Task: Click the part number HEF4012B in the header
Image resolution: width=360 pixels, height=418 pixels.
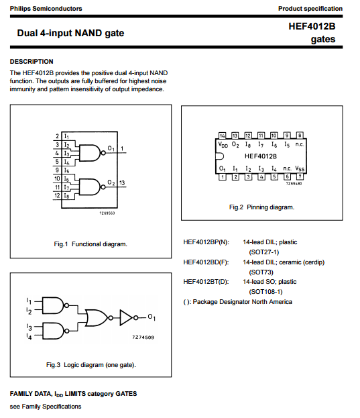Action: (312, 26)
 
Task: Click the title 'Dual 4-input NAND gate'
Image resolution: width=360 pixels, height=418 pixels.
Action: (70, 33)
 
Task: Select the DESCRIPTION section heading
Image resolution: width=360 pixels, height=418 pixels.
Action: (32, 62)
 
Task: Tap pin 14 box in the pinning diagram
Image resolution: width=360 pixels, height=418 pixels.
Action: (222, 136)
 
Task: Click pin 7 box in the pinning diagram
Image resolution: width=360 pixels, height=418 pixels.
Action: (300, 176)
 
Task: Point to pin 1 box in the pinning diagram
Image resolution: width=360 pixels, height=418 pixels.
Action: (223, 176)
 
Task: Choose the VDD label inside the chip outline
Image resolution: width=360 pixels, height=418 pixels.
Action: (223, 144)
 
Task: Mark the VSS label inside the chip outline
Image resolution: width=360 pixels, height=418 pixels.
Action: (300, 169)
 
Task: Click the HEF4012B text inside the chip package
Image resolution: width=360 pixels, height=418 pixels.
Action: (261, 156)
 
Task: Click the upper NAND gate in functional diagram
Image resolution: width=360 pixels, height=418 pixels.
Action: (90, 153)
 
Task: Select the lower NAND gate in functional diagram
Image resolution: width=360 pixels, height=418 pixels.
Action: (90, 187)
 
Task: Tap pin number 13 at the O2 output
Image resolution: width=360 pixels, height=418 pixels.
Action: (122, 182)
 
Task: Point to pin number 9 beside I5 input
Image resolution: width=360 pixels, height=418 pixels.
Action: (57, 170)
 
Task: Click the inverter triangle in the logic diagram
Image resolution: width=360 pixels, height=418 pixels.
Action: (126, 317)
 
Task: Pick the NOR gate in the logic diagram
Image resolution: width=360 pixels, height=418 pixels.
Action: (96, 318)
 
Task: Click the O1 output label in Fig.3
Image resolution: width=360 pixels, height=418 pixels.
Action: (152, 317)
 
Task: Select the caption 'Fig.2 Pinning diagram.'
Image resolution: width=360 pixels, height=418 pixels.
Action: (261, 207)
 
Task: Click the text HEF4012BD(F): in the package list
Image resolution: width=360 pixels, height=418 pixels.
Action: (206, 262)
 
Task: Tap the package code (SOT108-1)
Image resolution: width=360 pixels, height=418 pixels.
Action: (265, 292)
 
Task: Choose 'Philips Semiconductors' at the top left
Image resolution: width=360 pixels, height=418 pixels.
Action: (46, 9)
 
